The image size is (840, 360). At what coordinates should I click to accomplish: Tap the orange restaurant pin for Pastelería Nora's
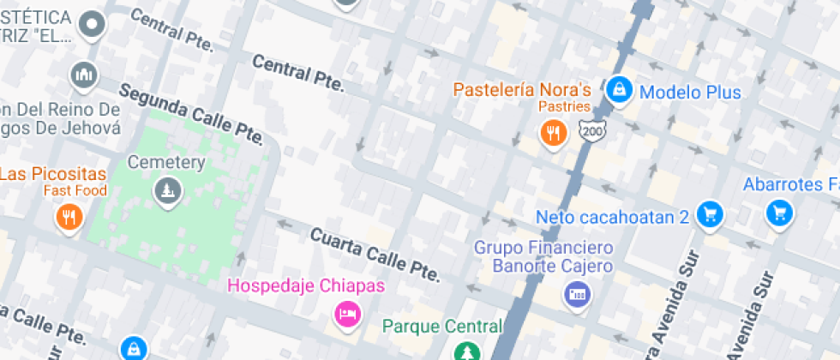point(553,133)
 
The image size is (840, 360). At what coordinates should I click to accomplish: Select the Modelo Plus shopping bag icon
point(618,89)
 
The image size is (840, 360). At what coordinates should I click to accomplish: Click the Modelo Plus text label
point(690,93)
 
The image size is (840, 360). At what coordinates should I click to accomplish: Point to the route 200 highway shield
point(591,131)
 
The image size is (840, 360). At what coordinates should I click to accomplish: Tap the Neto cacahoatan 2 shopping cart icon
point(708,215)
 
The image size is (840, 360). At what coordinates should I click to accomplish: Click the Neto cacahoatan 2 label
point(612,217)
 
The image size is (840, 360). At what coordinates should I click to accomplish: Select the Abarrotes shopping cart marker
point(778,213)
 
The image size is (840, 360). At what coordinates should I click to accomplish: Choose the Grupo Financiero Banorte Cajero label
point(543,256)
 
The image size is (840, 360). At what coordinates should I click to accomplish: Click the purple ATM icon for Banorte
point(577,296)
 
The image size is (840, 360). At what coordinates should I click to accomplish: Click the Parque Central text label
point(441,326)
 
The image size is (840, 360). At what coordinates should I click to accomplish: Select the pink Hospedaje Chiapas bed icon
point(346,314)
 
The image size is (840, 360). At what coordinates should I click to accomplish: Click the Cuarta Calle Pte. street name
point(375,255)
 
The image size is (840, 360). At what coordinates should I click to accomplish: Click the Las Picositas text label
point(52,174)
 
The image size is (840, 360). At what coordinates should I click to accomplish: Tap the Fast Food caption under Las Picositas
point(75,190)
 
